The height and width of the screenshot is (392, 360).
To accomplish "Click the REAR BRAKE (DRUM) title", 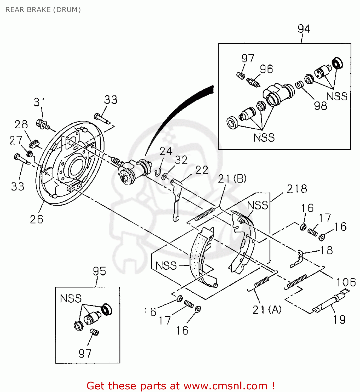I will point(43,10).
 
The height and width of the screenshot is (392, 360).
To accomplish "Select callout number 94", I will point(304,28).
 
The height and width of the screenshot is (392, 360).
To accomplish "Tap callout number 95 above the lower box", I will point(99,271).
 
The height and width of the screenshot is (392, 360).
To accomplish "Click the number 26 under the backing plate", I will point(36,219).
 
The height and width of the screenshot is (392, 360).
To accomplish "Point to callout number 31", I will point(39,102).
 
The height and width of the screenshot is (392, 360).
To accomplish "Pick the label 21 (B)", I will point(232,179).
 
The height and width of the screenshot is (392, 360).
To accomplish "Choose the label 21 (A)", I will point(267,310).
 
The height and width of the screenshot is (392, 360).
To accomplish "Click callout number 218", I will point(297,189).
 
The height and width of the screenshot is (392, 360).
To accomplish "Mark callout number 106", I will point(346,283).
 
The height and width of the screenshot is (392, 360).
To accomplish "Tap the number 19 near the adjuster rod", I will point(339,320).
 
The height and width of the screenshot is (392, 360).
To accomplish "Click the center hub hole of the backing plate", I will point(76,166).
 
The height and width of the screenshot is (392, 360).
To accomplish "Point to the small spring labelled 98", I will point(299,84).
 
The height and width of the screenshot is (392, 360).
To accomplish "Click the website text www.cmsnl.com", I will point(225,386).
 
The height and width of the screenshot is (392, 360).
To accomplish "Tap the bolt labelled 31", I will point(42,124).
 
